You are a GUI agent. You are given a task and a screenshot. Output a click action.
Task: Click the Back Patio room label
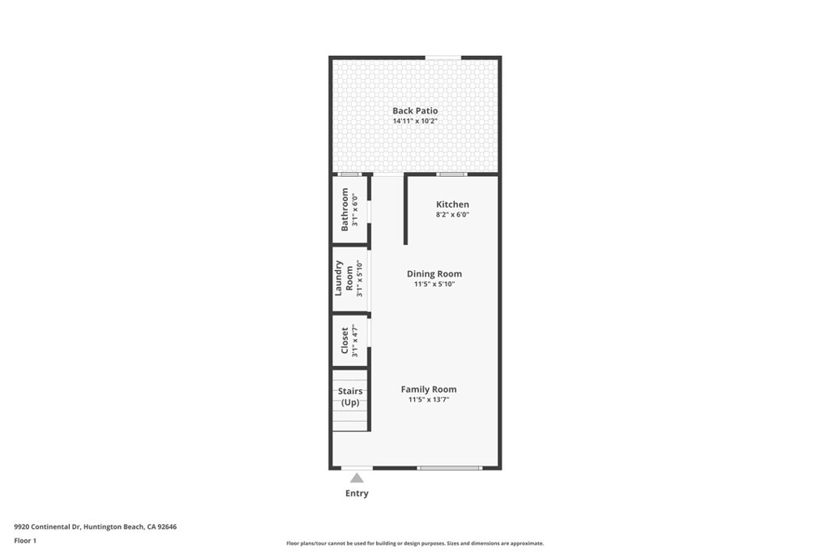(415, 110)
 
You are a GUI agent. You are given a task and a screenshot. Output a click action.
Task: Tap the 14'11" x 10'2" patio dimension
(415, 122)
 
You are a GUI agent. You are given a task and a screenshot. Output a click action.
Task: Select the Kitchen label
(452, 204)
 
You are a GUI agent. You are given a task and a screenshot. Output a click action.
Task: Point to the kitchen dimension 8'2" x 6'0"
(452, 215)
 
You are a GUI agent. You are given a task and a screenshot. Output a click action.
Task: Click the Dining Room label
(434, 274)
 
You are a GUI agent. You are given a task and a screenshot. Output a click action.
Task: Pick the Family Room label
(428, 389)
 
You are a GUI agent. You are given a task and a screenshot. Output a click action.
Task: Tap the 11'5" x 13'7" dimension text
(428, 400)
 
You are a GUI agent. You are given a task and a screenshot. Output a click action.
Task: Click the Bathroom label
(344, 209)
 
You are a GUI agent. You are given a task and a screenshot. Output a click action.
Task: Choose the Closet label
(344, 341)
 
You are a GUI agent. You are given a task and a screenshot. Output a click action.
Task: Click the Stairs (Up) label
(350, 397)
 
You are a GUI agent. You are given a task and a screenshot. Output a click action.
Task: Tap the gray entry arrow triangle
(357, 478)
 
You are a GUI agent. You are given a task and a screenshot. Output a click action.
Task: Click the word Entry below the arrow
(357, 493)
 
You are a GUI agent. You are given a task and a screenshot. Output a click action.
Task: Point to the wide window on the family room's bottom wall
(450, 468)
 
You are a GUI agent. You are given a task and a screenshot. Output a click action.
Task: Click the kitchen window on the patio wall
(451, 174)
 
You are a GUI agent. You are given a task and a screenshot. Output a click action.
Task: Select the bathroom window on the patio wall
(349, 174)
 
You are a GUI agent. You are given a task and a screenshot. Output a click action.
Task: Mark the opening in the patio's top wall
(443, 57)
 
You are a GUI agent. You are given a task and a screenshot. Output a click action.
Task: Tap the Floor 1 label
(25, 540)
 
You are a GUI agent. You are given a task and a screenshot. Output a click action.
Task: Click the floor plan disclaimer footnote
(414, 543)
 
